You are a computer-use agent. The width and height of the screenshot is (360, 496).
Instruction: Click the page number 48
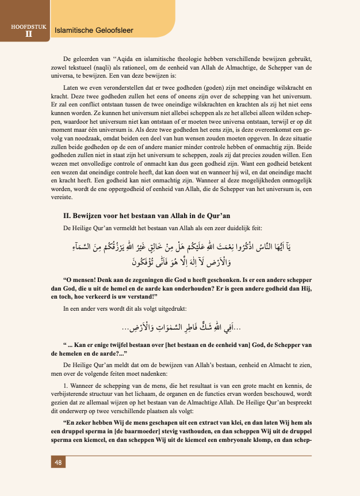[x=59, y=463]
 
